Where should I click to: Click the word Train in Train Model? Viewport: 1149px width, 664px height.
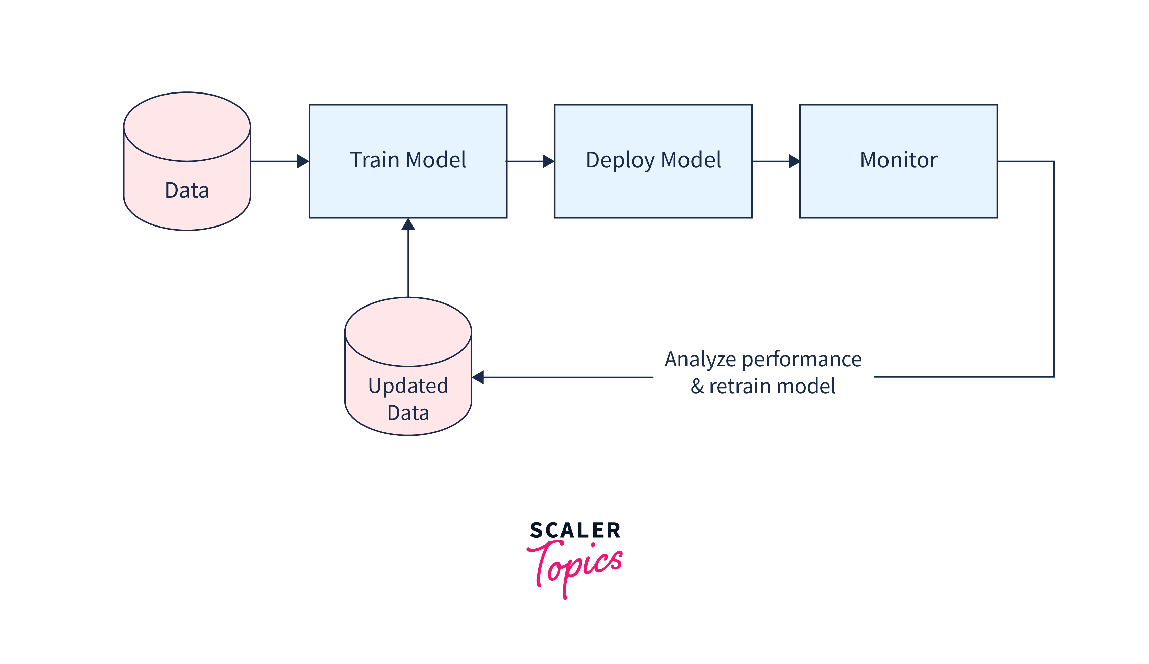pyautogui.click(x=374, y=160)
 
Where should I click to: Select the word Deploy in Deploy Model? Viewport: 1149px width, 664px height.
pyautogui.click(x=620, y=160)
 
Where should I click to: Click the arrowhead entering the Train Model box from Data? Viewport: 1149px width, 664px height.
pyautogui.click(x=303, y=161)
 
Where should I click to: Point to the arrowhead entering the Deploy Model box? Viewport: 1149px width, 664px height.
pyautogui.click(x=548, y=161)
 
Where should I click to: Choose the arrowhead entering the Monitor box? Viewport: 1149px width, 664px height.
pyautogui.click(x=794, y=161)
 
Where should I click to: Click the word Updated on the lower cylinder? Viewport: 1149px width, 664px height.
pyautogui.click(x=408, y=386)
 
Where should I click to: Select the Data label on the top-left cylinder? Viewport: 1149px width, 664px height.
pyautogui.click(x=187, y=190)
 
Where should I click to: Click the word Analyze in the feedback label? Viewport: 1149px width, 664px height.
pyautogui.click(x=700, y=360)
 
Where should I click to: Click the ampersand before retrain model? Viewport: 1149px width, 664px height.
pyautogui.click(x=697, y=387)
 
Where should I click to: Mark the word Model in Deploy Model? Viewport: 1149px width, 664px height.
pyautogui.click(x=691, y=160)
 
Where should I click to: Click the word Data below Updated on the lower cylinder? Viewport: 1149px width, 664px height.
pyautogui.click(x=408, y=413)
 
